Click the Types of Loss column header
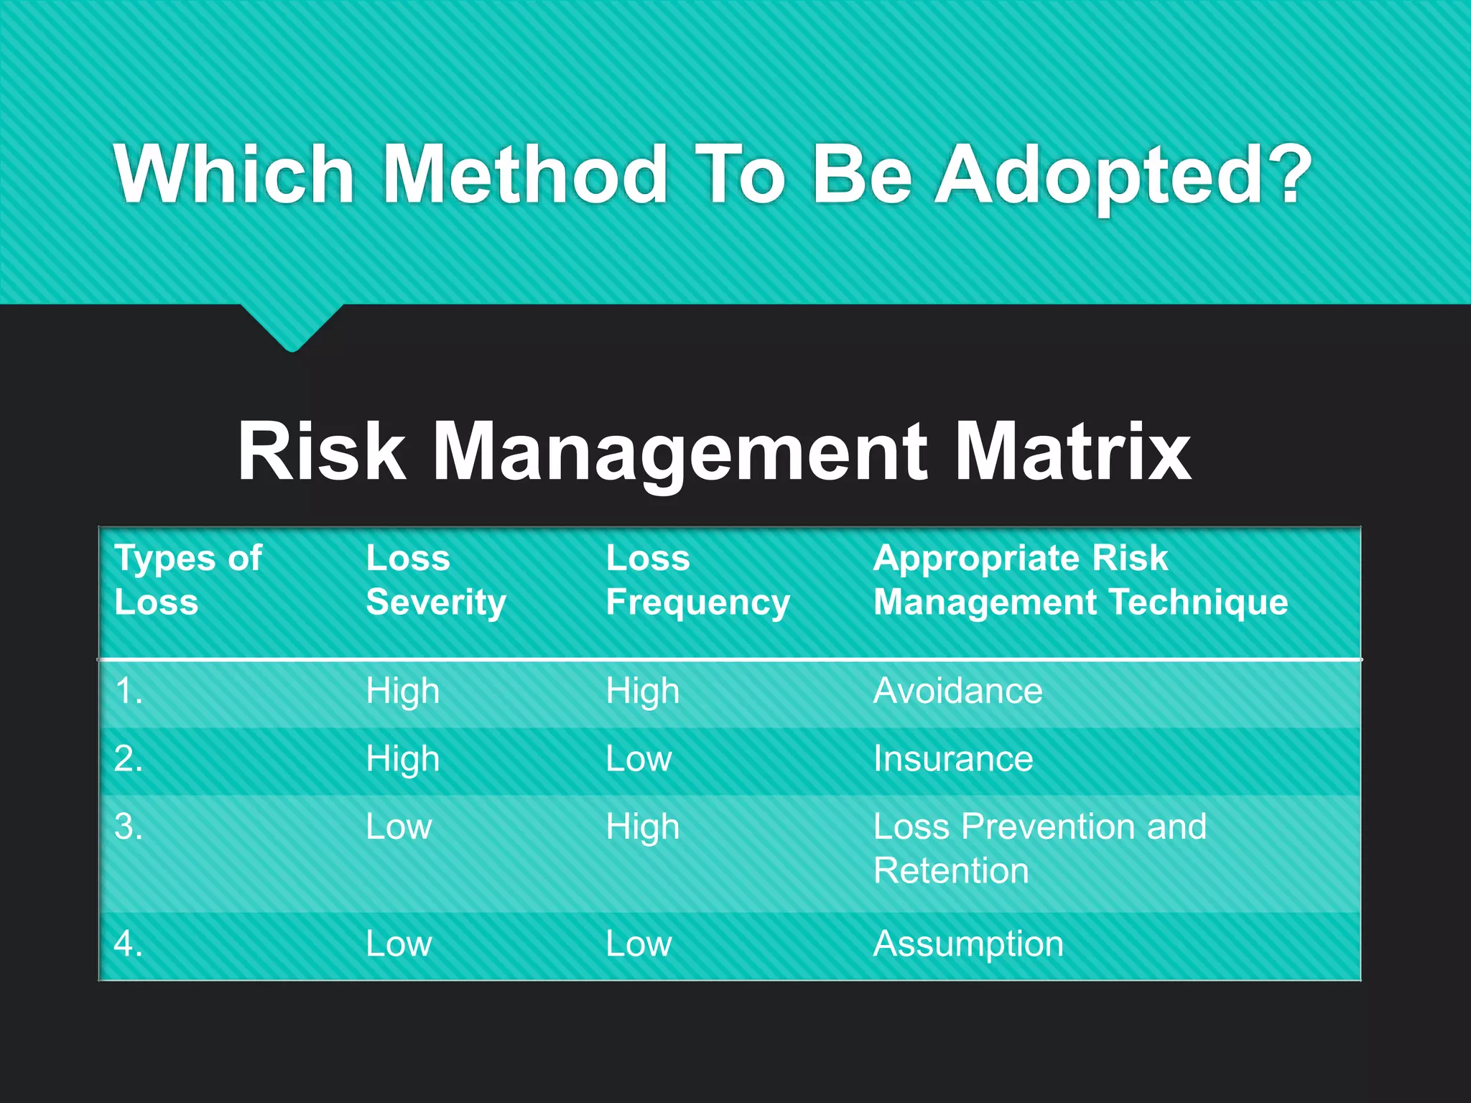point(188,580)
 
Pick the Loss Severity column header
point(436,580)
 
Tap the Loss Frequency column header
point(697,580)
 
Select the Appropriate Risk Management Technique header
point(1080,580)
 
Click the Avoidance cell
point(957,692)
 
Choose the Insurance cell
point(953,759)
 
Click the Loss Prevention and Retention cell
point(1039,848)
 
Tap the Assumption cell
point(967,944)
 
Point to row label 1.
point(129,692)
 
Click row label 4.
point(129,944)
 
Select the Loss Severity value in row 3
point(399,827)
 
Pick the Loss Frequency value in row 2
point(639,759)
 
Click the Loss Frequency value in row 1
point(642,692)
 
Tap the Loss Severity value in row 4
point(399,944)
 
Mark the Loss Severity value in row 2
point(402,759)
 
